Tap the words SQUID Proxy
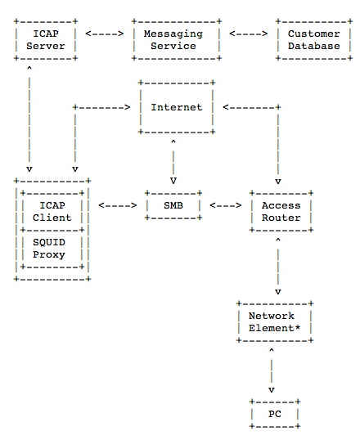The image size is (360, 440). [49, 249]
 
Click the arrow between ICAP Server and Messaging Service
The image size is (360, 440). [105, 34]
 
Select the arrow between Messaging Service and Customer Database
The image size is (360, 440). [249, 34]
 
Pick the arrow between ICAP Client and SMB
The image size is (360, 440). [117, 205]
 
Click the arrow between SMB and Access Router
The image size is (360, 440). [226, 205]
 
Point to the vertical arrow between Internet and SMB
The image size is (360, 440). [173, 162]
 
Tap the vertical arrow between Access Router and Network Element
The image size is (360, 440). [278, 266]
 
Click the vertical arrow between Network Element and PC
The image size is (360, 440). [272, 370]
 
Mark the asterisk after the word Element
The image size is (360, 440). [297, 327]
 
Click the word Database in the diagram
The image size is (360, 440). [314, 46]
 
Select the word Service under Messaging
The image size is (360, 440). [173, 46]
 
